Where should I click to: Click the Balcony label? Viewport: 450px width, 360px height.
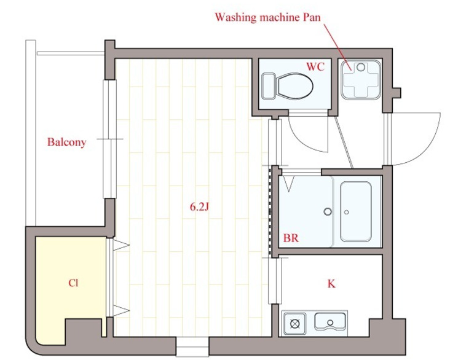66,143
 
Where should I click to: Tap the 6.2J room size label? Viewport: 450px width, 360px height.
199,207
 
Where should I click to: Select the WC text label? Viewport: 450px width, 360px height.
315,67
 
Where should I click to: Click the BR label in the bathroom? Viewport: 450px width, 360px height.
291,238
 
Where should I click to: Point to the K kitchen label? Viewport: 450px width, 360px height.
331,284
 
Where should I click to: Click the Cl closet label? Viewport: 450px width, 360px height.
73,283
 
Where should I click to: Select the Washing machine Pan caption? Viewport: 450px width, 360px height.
268,17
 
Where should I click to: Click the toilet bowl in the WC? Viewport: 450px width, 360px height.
295,87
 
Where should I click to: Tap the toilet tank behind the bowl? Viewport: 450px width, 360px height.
269,87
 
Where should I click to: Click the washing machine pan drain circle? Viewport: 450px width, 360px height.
361,67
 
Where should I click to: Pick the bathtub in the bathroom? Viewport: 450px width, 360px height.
356,211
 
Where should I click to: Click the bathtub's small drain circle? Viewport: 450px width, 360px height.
346,213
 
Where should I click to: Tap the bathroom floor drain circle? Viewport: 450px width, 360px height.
328,212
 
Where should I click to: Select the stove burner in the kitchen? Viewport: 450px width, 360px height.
294,324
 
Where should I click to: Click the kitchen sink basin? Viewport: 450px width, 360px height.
330,321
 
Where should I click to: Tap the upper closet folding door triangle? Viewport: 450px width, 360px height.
121,245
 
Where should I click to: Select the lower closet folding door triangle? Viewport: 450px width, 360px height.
121,311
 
